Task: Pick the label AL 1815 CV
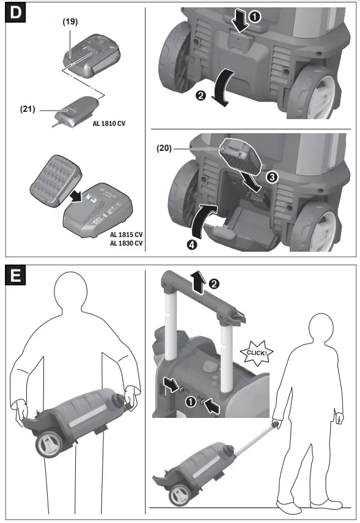pos(127,235)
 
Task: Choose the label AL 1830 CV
pos(127,243)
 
